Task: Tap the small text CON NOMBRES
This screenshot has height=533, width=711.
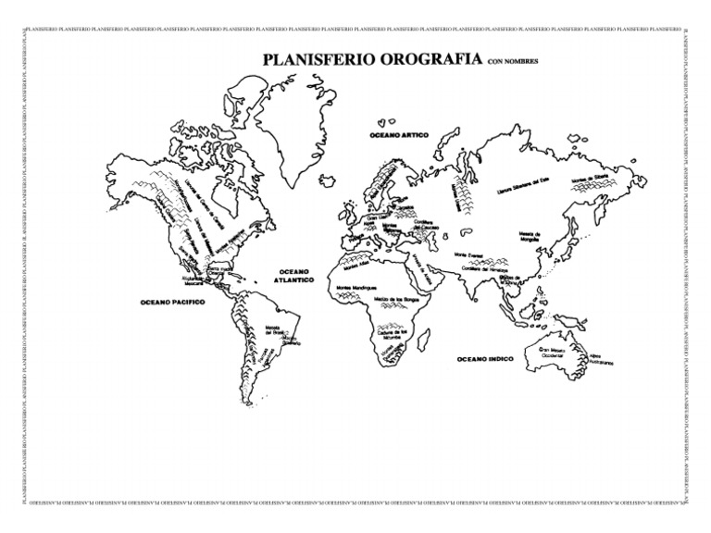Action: [x=512, y=62]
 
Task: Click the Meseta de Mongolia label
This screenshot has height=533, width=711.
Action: [x=530, y=238]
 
